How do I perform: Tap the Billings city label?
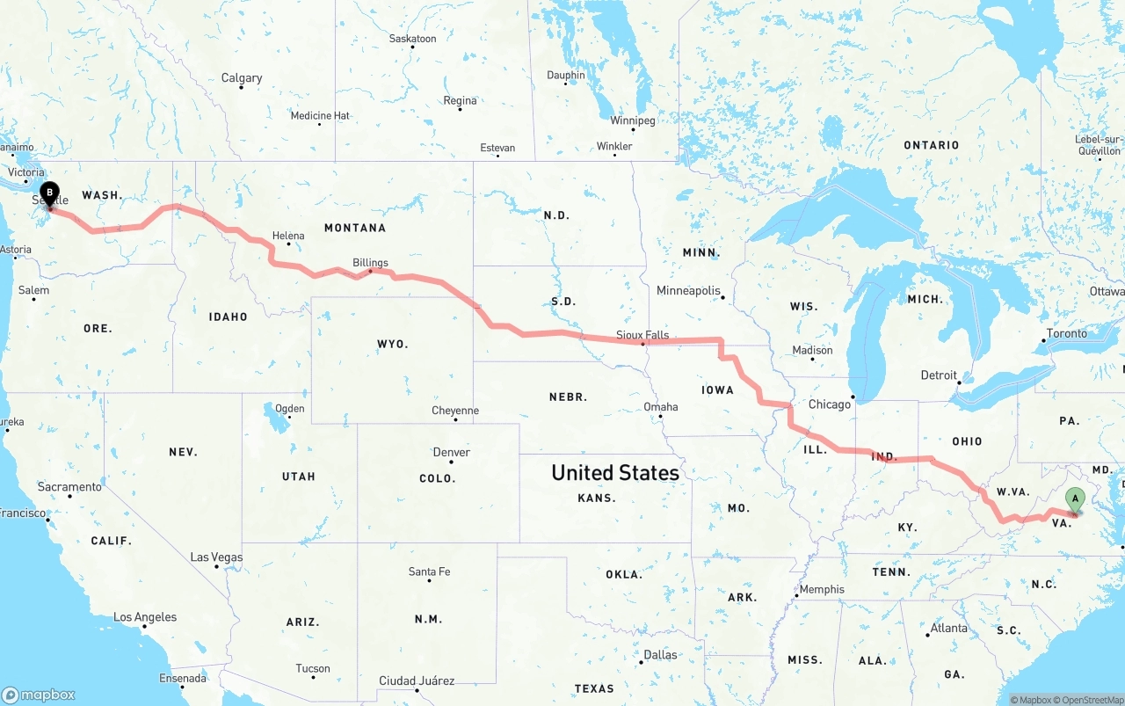[370, 262]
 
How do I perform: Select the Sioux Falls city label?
[642, 335]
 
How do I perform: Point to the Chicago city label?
[829, 404]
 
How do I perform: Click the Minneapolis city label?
[688, 291]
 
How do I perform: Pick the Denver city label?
[451, 453]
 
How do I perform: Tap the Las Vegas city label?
[216, 557]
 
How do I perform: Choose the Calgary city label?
[241, 78]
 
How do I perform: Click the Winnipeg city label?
[633, 120]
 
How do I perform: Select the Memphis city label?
[822, 590]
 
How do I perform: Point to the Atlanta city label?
[949, 629]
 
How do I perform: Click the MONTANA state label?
[354, 228]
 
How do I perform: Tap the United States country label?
[614, 473]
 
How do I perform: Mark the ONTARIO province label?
[931, 145]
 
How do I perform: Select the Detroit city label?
[938, 375]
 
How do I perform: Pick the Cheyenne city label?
[455, 411]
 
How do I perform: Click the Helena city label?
[288, 236]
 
